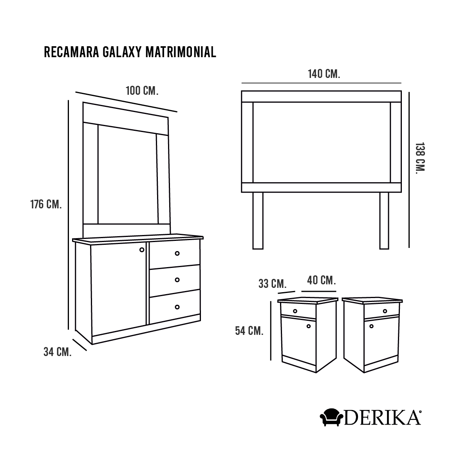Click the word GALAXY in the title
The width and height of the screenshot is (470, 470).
(122, 52)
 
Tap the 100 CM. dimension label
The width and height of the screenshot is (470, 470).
(142, 91)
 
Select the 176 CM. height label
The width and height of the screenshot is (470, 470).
(46, 204)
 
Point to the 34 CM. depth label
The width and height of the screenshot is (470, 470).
(58, 352)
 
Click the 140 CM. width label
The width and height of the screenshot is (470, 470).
(324, 74)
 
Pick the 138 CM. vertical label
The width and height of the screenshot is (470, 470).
(420, 158)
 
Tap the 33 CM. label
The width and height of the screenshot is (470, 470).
(273, 284)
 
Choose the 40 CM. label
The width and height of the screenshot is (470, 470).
(322, 280)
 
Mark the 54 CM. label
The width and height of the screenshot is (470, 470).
(249, 331)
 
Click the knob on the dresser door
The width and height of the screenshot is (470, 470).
(142, 250)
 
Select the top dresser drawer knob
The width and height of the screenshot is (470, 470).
(177, 253)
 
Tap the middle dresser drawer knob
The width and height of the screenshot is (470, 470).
(177, 280)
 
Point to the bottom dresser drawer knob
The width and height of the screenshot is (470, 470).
(177, 307)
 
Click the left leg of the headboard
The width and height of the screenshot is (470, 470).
(258, 221)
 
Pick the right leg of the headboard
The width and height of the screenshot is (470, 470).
(384, 221)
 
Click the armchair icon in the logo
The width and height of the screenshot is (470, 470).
(331, 417)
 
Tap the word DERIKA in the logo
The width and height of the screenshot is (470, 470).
(383, 418)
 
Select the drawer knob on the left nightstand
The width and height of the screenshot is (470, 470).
(295, 311)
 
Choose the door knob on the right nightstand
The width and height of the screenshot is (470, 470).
(371, 326)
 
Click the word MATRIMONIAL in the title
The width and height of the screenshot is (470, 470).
(181, 52)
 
